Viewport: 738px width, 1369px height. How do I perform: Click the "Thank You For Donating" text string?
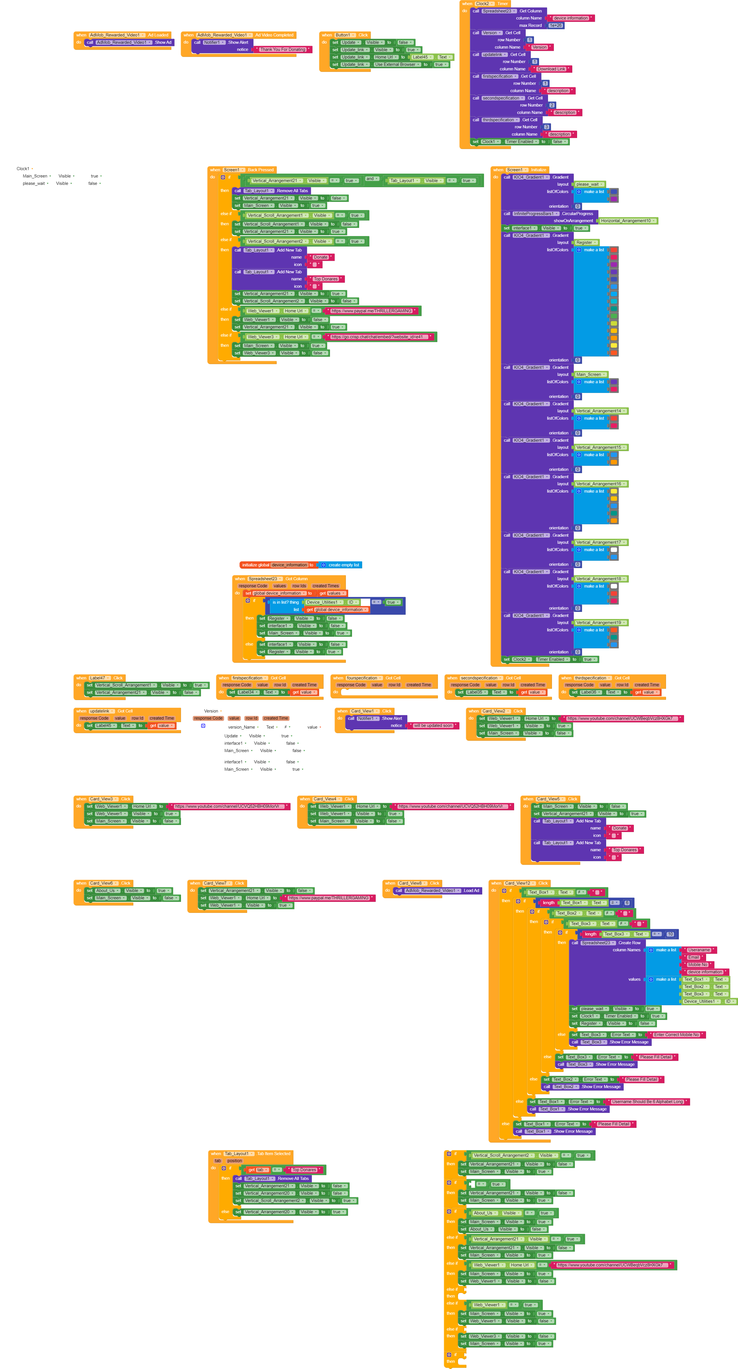tap(282, 49)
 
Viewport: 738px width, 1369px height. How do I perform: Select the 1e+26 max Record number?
tap(555, 25)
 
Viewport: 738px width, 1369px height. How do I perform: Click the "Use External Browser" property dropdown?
tap(397, 64)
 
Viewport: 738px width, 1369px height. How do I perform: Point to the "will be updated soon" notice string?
tap(433, 725)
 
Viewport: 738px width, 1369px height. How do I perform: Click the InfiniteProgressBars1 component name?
tap(535, 214)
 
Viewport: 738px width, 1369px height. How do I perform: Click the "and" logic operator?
tap(370, 179)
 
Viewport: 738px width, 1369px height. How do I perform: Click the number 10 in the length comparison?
tap(670, 934)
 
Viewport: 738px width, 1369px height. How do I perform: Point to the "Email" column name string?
tap(693, 957)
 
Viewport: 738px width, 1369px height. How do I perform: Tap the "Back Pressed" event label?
tap(260, 170)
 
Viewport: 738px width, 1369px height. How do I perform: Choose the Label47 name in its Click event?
tap(98, 678)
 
